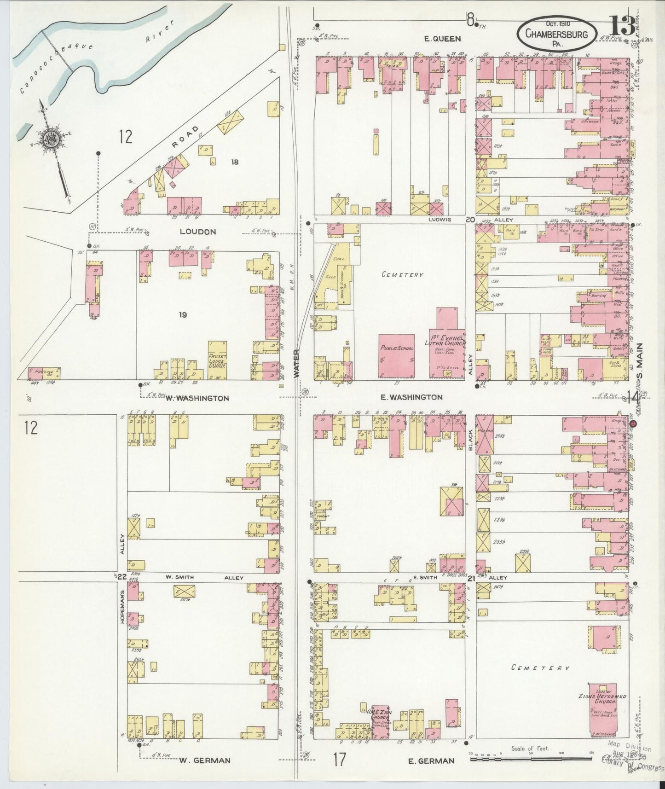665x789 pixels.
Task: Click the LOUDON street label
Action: click(x=197, y=232)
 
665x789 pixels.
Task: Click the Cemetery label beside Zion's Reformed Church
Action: click(x=540, y=668)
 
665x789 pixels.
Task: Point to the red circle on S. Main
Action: click(x=633, y=424)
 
